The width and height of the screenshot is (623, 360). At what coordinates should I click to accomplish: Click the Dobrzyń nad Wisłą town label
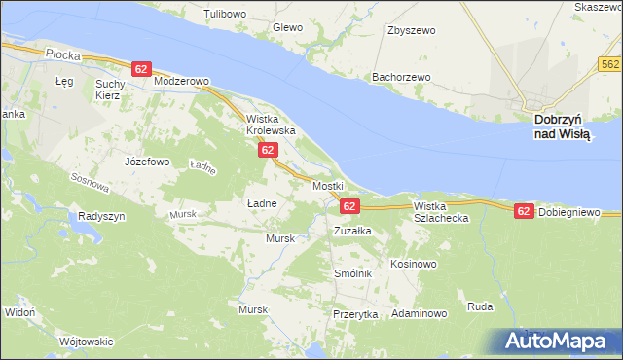[563, 126]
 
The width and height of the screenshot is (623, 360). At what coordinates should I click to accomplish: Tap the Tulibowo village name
[223, 15]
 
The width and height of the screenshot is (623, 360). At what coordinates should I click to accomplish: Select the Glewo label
[288, 28]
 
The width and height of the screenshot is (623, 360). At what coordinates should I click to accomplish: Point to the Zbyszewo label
[411, 30]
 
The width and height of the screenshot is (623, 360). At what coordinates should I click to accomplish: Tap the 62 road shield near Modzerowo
[142, 69]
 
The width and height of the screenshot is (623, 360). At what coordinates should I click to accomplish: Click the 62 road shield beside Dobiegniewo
[524, 211]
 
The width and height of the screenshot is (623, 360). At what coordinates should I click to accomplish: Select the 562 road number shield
[610, 64]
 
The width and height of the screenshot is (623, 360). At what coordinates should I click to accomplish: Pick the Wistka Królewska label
[270, 124]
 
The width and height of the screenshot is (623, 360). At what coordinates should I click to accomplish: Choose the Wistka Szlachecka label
[441, 212]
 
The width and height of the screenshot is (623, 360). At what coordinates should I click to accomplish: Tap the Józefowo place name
[148, 162]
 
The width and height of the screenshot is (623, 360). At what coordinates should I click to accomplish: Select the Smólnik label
[353, 273]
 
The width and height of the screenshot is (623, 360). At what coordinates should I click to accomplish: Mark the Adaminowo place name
[419, 314]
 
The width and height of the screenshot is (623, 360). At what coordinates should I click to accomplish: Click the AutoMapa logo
[559, 341]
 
